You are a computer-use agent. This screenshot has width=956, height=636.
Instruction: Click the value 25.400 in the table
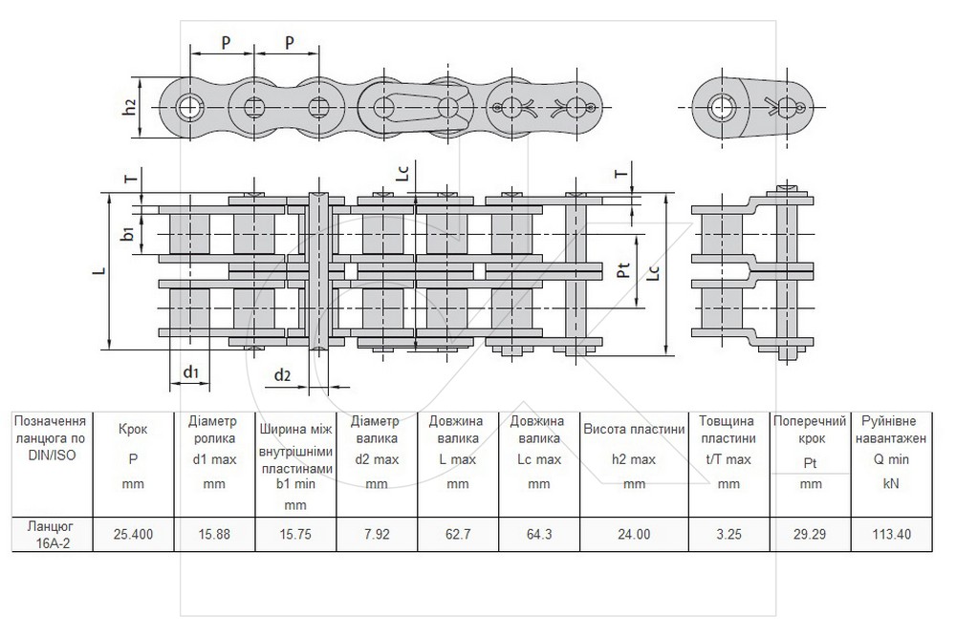point(133,534)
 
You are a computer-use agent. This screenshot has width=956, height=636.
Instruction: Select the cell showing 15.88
point(214,534)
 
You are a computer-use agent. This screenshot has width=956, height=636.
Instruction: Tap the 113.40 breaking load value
point(891,534)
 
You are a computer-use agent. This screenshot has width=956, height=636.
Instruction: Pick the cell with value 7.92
point(377,534)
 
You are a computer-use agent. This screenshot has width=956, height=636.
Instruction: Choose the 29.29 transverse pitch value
point(810,534)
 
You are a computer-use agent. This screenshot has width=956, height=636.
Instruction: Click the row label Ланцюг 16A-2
point(52,534)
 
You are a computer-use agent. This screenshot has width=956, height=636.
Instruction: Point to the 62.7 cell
point(458,534)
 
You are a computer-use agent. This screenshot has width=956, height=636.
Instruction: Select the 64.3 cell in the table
point(539,534)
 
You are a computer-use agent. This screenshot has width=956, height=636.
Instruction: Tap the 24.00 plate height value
point(634,534)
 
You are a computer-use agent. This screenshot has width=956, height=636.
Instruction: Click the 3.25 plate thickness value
point(728,534)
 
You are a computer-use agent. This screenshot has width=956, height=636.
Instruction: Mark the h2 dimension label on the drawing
point(129,107)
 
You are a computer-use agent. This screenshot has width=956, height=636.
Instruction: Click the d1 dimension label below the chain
point(191,371)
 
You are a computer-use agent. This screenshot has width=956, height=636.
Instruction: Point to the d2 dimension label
point(282,374)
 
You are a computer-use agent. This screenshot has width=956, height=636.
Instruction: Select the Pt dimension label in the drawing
point(623,270)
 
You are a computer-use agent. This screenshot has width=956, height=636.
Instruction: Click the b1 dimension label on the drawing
point(128,233)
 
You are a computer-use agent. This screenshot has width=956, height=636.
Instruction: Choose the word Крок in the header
point(133,429)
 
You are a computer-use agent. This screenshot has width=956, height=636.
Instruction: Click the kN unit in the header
point(891,484)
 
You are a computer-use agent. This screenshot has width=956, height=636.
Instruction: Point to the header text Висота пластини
point(634,429)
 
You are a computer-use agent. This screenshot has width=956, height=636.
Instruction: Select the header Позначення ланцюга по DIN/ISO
point(50,438)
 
